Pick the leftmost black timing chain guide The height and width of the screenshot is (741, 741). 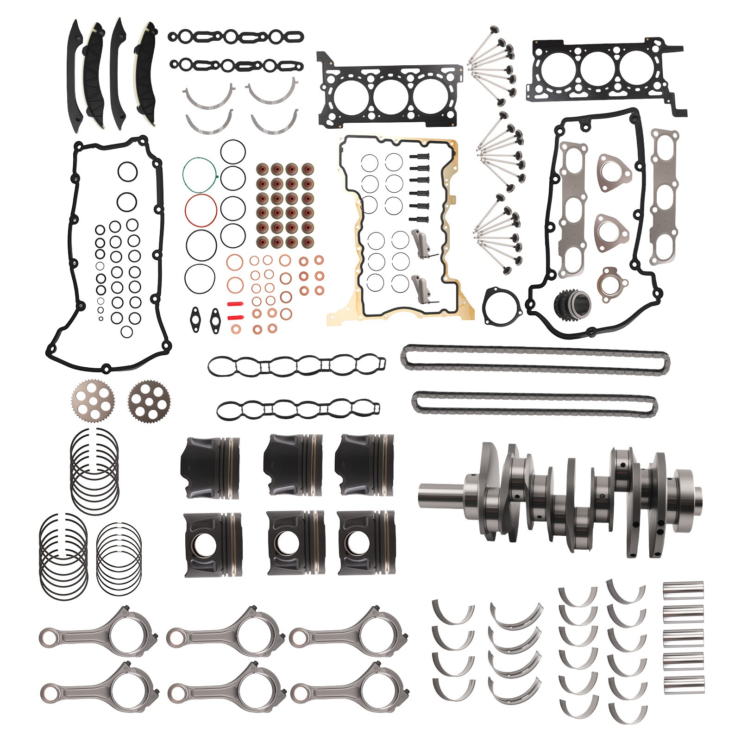(74, 74)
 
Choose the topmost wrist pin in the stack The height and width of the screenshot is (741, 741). (683, 590)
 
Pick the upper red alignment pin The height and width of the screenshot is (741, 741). (236, 304)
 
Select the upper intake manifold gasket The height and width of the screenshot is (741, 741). (296, 366)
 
